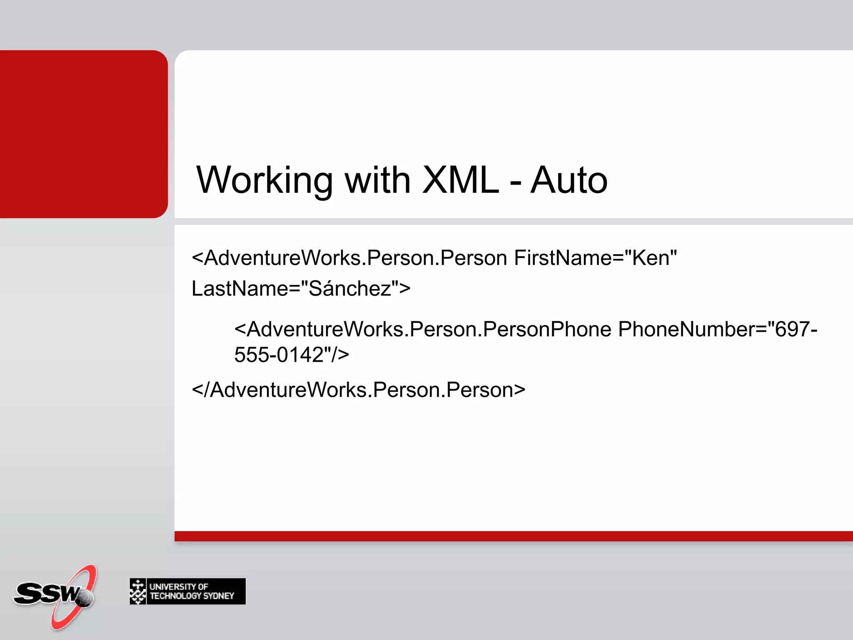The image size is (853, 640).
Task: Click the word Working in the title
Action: click(x=264, y=180)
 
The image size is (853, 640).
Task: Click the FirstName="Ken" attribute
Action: click(x=595, y=258)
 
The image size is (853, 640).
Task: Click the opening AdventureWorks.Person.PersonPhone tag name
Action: click(x=429, y=330)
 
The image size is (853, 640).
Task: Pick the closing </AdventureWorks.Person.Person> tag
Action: click(x=358, y=390)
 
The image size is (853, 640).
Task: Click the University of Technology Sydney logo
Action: click(x=187, y=591)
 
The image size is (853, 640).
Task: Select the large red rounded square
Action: click(x=83, y=134)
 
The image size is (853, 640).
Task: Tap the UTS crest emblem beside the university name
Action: click(x=138, y=591)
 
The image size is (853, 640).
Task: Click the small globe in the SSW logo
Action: click(x=85, y=598)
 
